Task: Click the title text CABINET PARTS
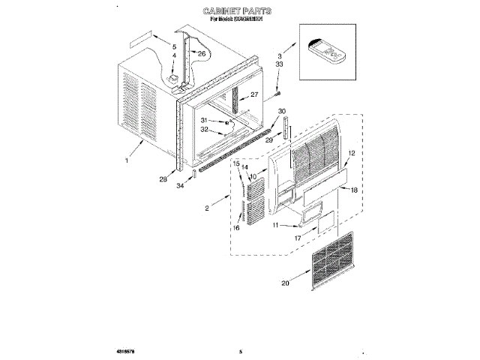tap(239, 13)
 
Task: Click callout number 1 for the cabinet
tap(128, 160)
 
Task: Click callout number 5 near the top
tap(174, 46)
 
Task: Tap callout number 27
tap(255, 94)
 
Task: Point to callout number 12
tap(351, 153)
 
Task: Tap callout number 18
tap(355, 190)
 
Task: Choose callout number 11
tap(275, 224)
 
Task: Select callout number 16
tap(237, 227)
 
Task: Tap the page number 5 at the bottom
tap(241, 351)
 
